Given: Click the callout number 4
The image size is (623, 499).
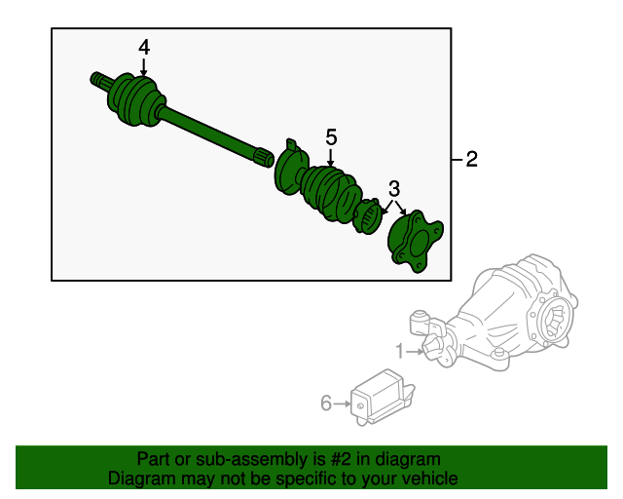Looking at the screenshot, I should (144, 47).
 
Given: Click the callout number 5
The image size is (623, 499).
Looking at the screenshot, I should (331, 138).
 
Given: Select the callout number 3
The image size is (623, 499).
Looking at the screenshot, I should (394, 187).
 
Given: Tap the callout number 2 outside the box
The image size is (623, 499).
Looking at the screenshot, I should (471, 160).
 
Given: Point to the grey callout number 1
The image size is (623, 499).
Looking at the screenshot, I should (399, 350).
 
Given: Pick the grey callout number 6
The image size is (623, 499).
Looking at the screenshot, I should (326, 402).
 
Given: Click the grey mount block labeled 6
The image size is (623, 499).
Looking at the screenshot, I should (382, 398).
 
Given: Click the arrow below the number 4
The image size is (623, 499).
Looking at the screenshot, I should (144, 67).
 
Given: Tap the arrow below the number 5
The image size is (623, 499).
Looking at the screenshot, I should (331, 159).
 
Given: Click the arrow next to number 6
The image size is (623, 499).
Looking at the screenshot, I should (343, 402).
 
